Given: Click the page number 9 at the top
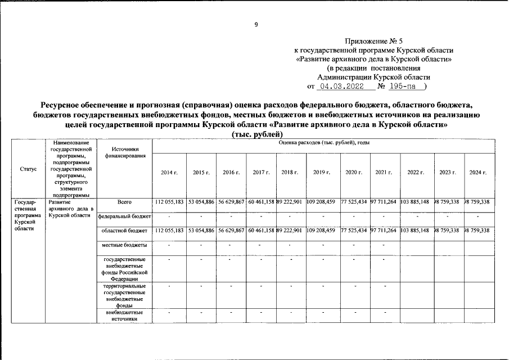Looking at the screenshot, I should (x=256, y=24).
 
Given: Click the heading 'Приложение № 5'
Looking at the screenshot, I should (x=373, y=41).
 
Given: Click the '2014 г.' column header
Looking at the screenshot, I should (x=169, y=172).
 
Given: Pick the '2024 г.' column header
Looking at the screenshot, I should (x=478, y=172).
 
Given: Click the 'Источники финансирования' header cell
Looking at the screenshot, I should (x=125, y=152).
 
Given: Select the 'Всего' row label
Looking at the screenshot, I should (x=125, y=201).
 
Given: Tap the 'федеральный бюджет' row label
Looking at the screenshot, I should (x=125, y=216).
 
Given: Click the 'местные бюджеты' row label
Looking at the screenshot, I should (x=125, y=245).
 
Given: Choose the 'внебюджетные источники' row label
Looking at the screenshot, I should (x=125, y=316).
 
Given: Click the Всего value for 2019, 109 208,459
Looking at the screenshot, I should (x=322, y=201).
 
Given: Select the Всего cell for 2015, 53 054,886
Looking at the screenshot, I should (x=201, y=201).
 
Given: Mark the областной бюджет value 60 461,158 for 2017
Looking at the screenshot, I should (x=261, y=231).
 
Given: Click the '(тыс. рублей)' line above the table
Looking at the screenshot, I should (x=256, y=135).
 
